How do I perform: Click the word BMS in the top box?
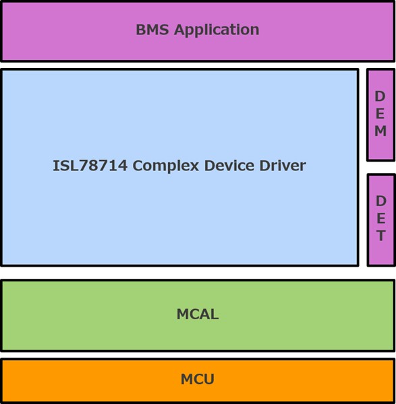(152, 30)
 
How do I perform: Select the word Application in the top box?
(217, 30)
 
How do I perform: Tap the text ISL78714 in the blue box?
(90, 166)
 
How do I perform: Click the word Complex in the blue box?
(166, 166)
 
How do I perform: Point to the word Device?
(229, 166)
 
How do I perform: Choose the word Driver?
(283, 166)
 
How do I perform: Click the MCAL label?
(198, 314)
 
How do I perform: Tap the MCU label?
(198, 379)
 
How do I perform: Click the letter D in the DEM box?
(380, 96)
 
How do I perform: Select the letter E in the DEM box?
(380, 114)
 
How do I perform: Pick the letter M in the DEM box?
(380, 131)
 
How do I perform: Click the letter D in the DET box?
(381, 201)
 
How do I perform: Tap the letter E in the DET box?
(381, 218)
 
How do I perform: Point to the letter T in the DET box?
(381, 236)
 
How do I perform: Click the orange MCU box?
(198, 381)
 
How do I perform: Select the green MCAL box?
(198, 316)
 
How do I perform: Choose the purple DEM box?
(380, 115)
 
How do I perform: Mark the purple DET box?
(381, 220)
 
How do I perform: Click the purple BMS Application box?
(198, 32)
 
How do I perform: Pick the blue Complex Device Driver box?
(180, 168)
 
